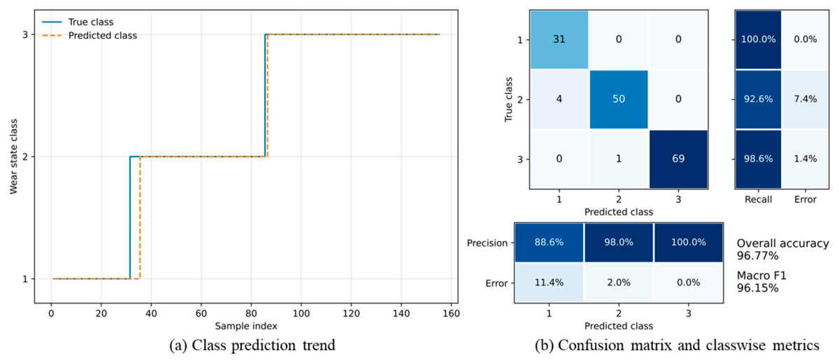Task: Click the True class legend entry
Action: [78, 22]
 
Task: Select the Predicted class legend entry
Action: [89, 36]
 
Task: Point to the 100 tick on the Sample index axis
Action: [301, 313]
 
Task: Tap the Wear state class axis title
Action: [14, 157]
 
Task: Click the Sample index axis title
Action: [246, 326]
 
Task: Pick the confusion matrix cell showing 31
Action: [559, 39]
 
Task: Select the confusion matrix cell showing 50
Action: [619, 99]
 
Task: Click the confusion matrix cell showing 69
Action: [678, 159]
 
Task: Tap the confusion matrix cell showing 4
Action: [559, 99]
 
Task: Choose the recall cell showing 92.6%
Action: [759, 99]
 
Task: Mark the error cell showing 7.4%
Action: [805, 99]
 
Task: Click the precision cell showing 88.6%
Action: [549, 243]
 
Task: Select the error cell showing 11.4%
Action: [549, 282]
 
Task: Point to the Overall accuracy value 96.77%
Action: [758, 256]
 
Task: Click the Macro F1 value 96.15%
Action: [758, 288]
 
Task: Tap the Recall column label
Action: [759, 199]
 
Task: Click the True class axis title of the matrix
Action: [508, 99]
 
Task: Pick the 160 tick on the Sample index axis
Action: [451, 313]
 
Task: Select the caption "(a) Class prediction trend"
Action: [252, 345]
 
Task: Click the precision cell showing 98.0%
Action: [619, 243]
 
